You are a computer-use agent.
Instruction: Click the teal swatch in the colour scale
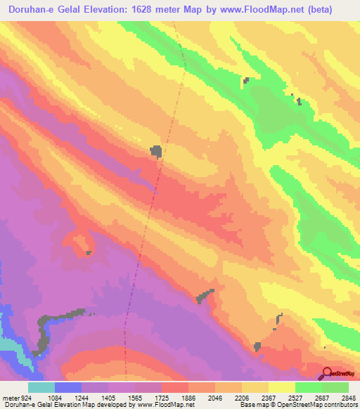[41, 387]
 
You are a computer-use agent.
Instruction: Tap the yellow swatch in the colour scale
[281, 387]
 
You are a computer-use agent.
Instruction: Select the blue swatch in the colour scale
[68, 387]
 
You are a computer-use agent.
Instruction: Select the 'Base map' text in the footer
[252, 405]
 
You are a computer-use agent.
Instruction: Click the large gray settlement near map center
[155, 150]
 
